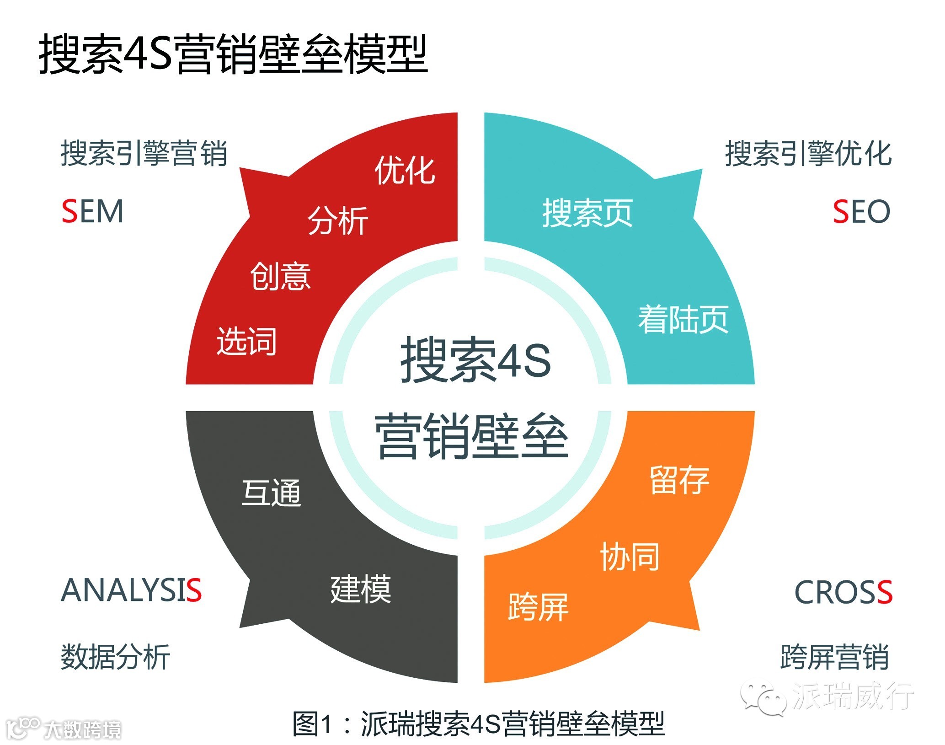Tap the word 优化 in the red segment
[x=405, y=171]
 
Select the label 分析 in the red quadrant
[x=338, y=220]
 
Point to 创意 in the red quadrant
[x=280, y=276]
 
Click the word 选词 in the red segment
[x=246, y=341]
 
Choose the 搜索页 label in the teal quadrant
[x=587, y=213]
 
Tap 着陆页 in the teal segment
[x=683, y=319]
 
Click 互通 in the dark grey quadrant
[x=271, y=493]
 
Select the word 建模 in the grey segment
[x=361, y=589]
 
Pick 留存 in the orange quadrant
[x=679, y=480]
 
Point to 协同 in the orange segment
[x=630, y=557]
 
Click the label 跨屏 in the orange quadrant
[x=538, y=607]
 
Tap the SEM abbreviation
[x=92, y=211]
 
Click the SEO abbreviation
[x=861, y=211]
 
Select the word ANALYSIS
[x=131, y=590]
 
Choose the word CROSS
[x=844, y=592]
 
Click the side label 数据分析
[x=115, y=657]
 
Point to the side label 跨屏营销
[x=834, y=657]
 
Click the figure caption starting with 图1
[x=478, y=724]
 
